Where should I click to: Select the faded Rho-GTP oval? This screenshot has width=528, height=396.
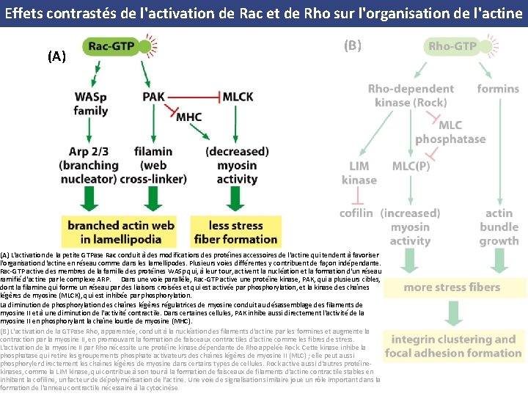click(x=452, y=47)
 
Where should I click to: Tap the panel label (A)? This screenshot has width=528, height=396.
click(x=56, y=56)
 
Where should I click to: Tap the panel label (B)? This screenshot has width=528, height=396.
click(x=352, y=45)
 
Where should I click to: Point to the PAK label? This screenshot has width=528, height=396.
click(x=153, y=96)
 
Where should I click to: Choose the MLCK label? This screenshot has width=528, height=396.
click(x=238, y=96)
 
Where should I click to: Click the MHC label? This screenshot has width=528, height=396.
click(x=188, y=116)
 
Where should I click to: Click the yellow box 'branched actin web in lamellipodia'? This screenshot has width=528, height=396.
click(x=122, y=232)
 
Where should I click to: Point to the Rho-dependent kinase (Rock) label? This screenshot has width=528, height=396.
click(x=411, y=95)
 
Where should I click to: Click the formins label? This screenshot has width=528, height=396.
click(x=498, y=89)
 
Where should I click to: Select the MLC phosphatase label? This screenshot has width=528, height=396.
click(x=450, y=132)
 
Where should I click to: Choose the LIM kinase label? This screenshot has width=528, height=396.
click(x=359, y=172)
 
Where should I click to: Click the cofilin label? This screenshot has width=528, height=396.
click(x=357, y=213)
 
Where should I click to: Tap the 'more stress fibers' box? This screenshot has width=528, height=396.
click(x=453, y=287)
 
